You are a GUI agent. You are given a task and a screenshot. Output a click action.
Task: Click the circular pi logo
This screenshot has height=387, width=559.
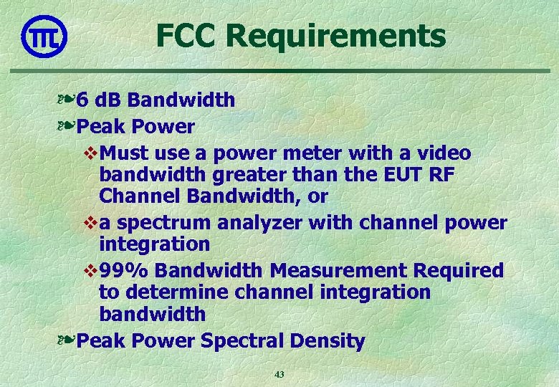pyautogui.click(x=44, y=36)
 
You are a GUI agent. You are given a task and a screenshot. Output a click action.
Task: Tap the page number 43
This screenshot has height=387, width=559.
pyautogui.click(x=279, y=374)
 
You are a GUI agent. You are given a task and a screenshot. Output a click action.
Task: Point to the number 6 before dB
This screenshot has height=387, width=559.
pyautogui.click(x=84, y=100)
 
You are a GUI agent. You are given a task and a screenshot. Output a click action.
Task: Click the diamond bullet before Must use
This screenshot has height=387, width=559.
pyautogui.click(x=90, y=153)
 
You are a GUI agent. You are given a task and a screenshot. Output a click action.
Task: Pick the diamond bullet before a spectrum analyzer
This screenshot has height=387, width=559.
pyautogui.click(x=90, y=223)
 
